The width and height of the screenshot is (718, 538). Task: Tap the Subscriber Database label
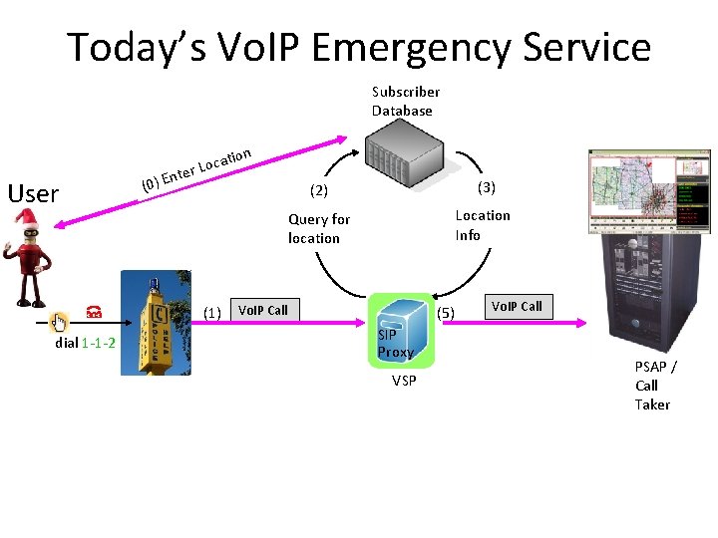pos(405,101)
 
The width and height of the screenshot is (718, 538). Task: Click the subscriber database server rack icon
pos(402,155)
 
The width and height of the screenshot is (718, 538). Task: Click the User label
pos(33,193)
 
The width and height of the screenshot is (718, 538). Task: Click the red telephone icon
pos(93,312)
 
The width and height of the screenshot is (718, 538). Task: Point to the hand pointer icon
pos(59,321)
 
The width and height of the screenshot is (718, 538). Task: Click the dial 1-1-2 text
pos(85,343)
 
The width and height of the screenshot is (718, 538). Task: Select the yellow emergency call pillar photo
pos(159,323)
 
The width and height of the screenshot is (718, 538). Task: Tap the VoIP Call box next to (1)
pos(262,310)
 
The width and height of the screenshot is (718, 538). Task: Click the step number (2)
pos(318,189)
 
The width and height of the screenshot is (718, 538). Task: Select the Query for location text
pos(318,228)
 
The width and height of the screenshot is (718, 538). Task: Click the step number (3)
pos(486,187)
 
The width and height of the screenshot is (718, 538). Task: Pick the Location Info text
pos(482,225)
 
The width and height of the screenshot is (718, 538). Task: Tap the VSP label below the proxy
pos(404,381)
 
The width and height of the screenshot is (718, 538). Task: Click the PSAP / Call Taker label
pos(654,385)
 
